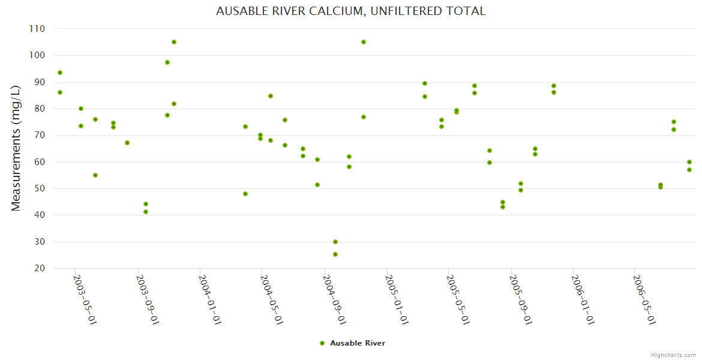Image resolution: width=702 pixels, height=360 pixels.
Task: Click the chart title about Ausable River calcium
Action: [x=350, y=11]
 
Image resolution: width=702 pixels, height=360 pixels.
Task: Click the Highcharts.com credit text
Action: [x=673, y=355]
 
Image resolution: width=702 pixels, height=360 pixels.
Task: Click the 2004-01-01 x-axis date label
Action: [x=210, y=299]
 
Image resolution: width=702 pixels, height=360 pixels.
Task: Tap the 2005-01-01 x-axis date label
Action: [x=397, y=299]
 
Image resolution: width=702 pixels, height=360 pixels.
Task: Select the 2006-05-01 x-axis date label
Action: [x=644, y=299]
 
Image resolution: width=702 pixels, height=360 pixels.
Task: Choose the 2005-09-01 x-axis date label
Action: [x=520, y=299]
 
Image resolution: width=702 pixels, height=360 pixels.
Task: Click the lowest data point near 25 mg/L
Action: [x=335, y=254]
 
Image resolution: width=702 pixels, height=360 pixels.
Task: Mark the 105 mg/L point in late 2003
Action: [x=174, y=42]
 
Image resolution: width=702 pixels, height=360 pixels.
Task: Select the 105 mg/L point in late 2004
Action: [x=364, y=42]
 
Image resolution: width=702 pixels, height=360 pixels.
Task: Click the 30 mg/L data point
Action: [x=335, y=242]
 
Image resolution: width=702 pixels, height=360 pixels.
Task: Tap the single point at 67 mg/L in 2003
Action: [x=127, y=143]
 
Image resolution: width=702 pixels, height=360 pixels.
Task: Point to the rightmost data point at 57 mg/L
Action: [x=689, y=170]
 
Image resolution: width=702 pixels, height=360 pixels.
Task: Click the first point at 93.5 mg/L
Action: [x=60, y=73]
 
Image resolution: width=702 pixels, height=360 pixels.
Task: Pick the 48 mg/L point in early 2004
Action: [x=245, y=194]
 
